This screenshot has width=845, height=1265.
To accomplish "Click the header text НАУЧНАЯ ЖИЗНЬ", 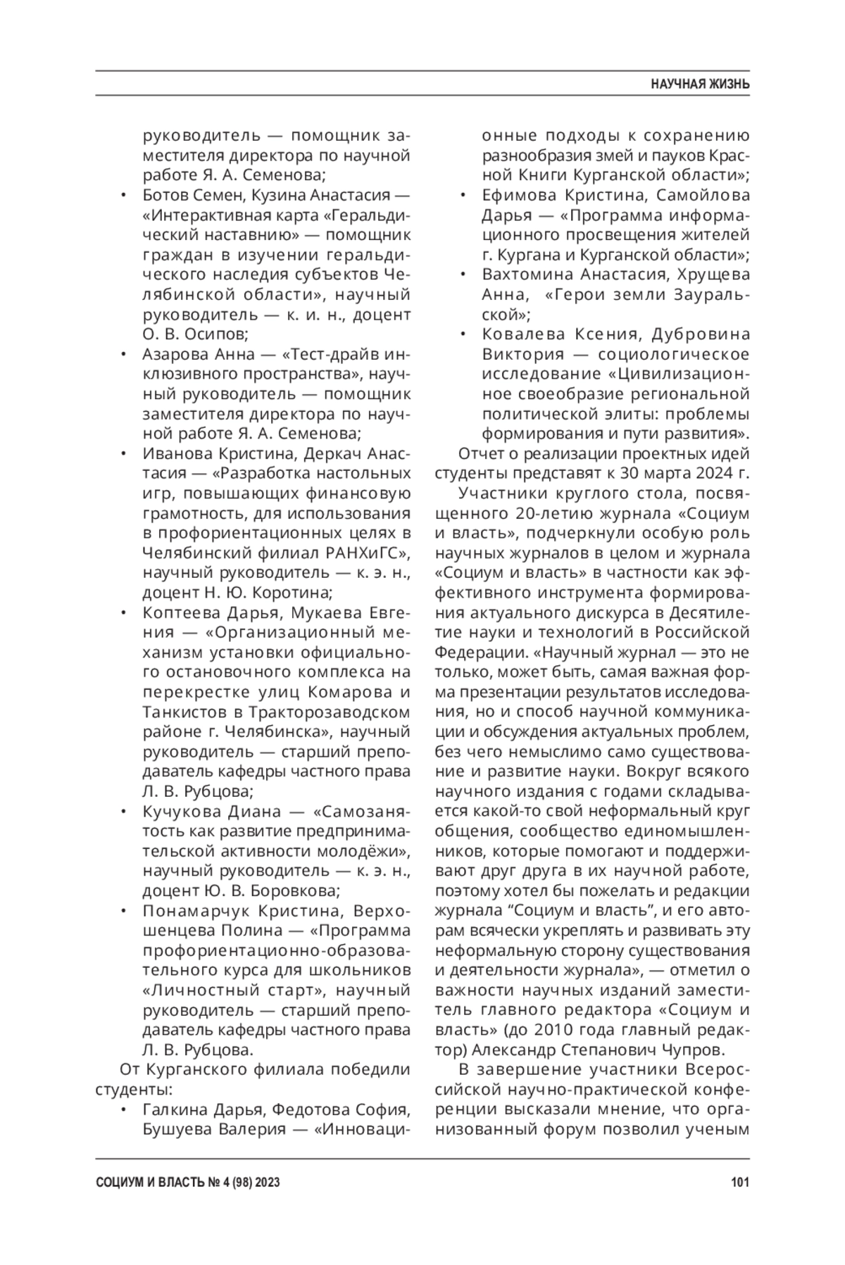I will click(699, 84).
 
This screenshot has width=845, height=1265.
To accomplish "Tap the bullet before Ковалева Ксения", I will click(464, 334).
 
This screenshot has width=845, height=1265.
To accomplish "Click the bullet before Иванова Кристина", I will click(125, 453).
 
